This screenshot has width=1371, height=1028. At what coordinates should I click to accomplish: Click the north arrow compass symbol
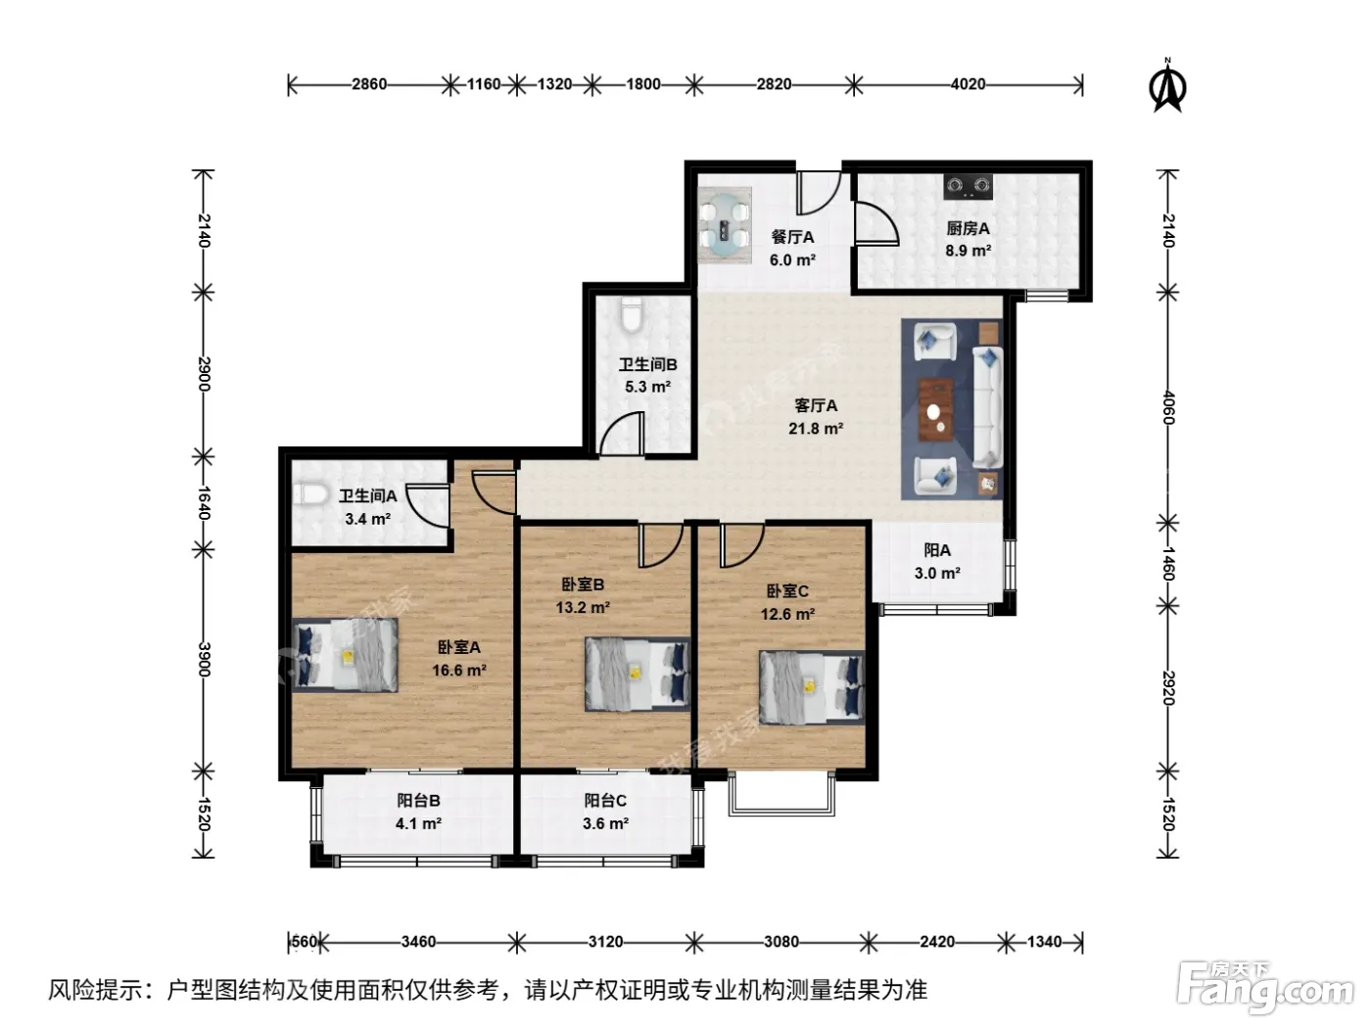pyautogui.click(x=1166, y=86)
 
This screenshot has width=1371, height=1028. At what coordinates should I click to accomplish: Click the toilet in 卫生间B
pyautogui.click(x=632, y=316)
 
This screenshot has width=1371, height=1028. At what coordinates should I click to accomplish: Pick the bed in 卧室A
pyautogui.click(x=346, y=655)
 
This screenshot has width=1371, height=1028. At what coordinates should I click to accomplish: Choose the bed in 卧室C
pyautogui.click(x=812, y=688)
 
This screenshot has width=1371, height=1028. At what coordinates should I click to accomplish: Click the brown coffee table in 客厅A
pyautogui.click(x=935, y=409)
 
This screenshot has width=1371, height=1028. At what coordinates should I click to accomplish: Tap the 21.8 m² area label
pyautogui.click(x=815, y=429)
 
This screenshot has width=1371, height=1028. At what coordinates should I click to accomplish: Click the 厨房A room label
pyautogui.click(x=968, y=228)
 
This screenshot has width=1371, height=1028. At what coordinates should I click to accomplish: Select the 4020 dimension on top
pyautogui.click(x=968, y=83)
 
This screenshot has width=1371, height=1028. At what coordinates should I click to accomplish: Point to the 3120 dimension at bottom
pyautogui.click(x=604, y=941)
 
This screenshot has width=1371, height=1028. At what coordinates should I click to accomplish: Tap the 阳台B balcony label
pyautogui.click(x=418, y=800)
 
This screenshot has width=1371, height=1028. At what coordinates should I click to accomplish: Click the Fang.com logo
pyautogui.click(x=1264, y=989)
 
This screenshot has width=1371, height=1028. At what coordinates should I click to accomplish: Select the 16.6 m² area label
pyautogui.click(x=459, y=671)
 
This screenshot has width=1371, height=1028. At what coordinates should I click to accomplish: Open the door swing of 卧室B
pyautogui.click(x=660, y=545)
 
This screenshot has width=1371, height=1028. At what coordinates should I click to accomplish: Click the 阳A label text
pyautogui.click(x=937, y=550)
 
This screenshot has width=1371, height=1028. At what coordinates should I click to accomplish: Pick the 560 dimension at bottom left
pyautogui.click(x=305, y=941)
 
